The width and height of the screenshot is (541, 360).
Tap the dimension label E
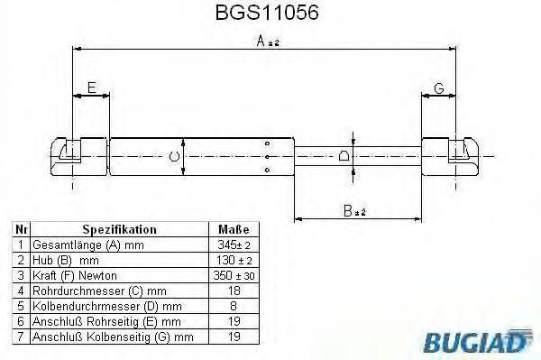90,87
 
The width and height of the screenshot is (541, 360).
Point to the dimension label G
438,88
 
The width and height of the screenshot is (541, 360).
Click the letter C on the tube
175,157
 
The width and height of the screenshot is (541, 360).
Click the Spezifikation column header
119,229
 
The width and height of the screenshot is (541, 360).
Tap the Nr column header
21,229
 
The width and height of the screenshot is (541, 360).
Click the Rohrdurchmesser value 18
234,290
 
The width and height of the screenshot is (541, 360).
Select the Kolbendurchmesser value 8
234,305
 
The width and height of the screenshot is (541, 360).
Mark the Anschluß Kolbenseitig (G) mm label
113,336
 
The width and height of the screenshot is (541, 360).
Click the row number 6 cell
21,320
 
